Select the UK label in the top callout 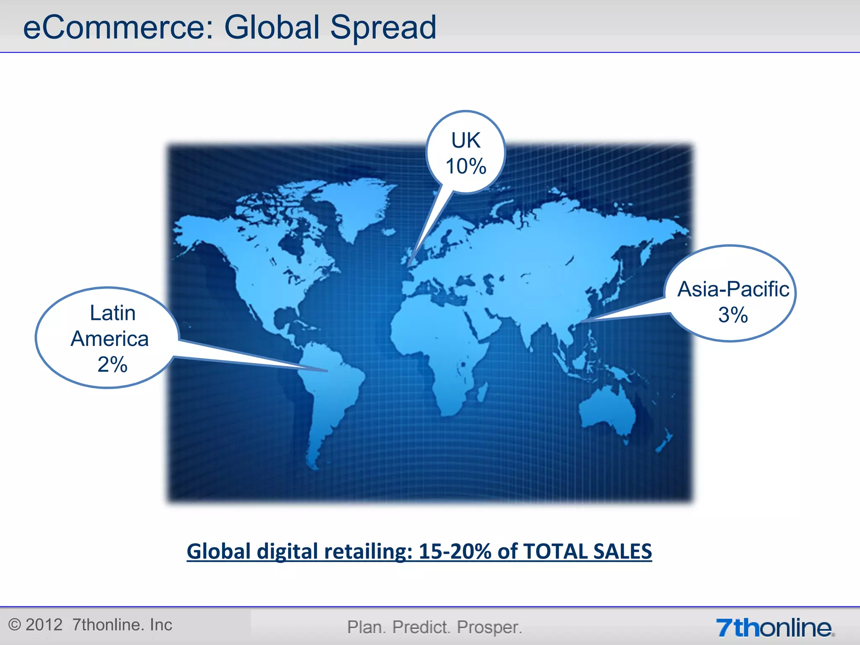click(x=466, y=140)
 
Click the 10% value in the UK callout click(x=466, y=166)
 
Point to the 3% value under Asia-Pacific click(x=733, y=315)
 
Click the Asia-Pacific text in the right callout click(x=733, y=289)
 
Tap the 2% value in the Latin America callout click(x=112, y=364)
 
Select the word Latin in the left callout click(x=113, y=313)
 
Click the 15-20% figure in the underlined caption click(x=455, y=551)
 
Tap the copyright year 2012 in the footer click(x=44, y=625)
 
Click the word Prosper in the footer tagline click(x=489, y=627)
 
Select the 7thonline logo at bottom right click(x=775, y=628)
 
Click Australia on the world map click(x=607, y=409)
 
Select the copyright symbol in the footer click(x=15, y=625)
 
